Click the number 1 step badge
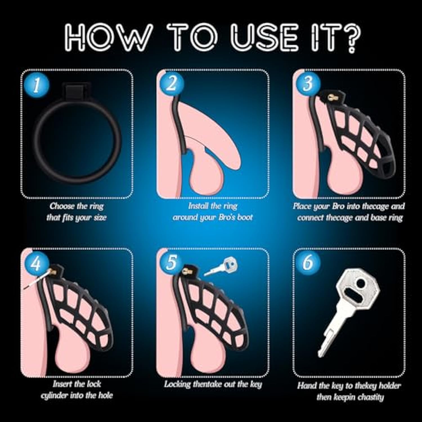(x=36, y=85)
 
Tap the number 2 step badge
(x=172, y=84)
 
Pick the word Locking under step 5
(x=178, y=384)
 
